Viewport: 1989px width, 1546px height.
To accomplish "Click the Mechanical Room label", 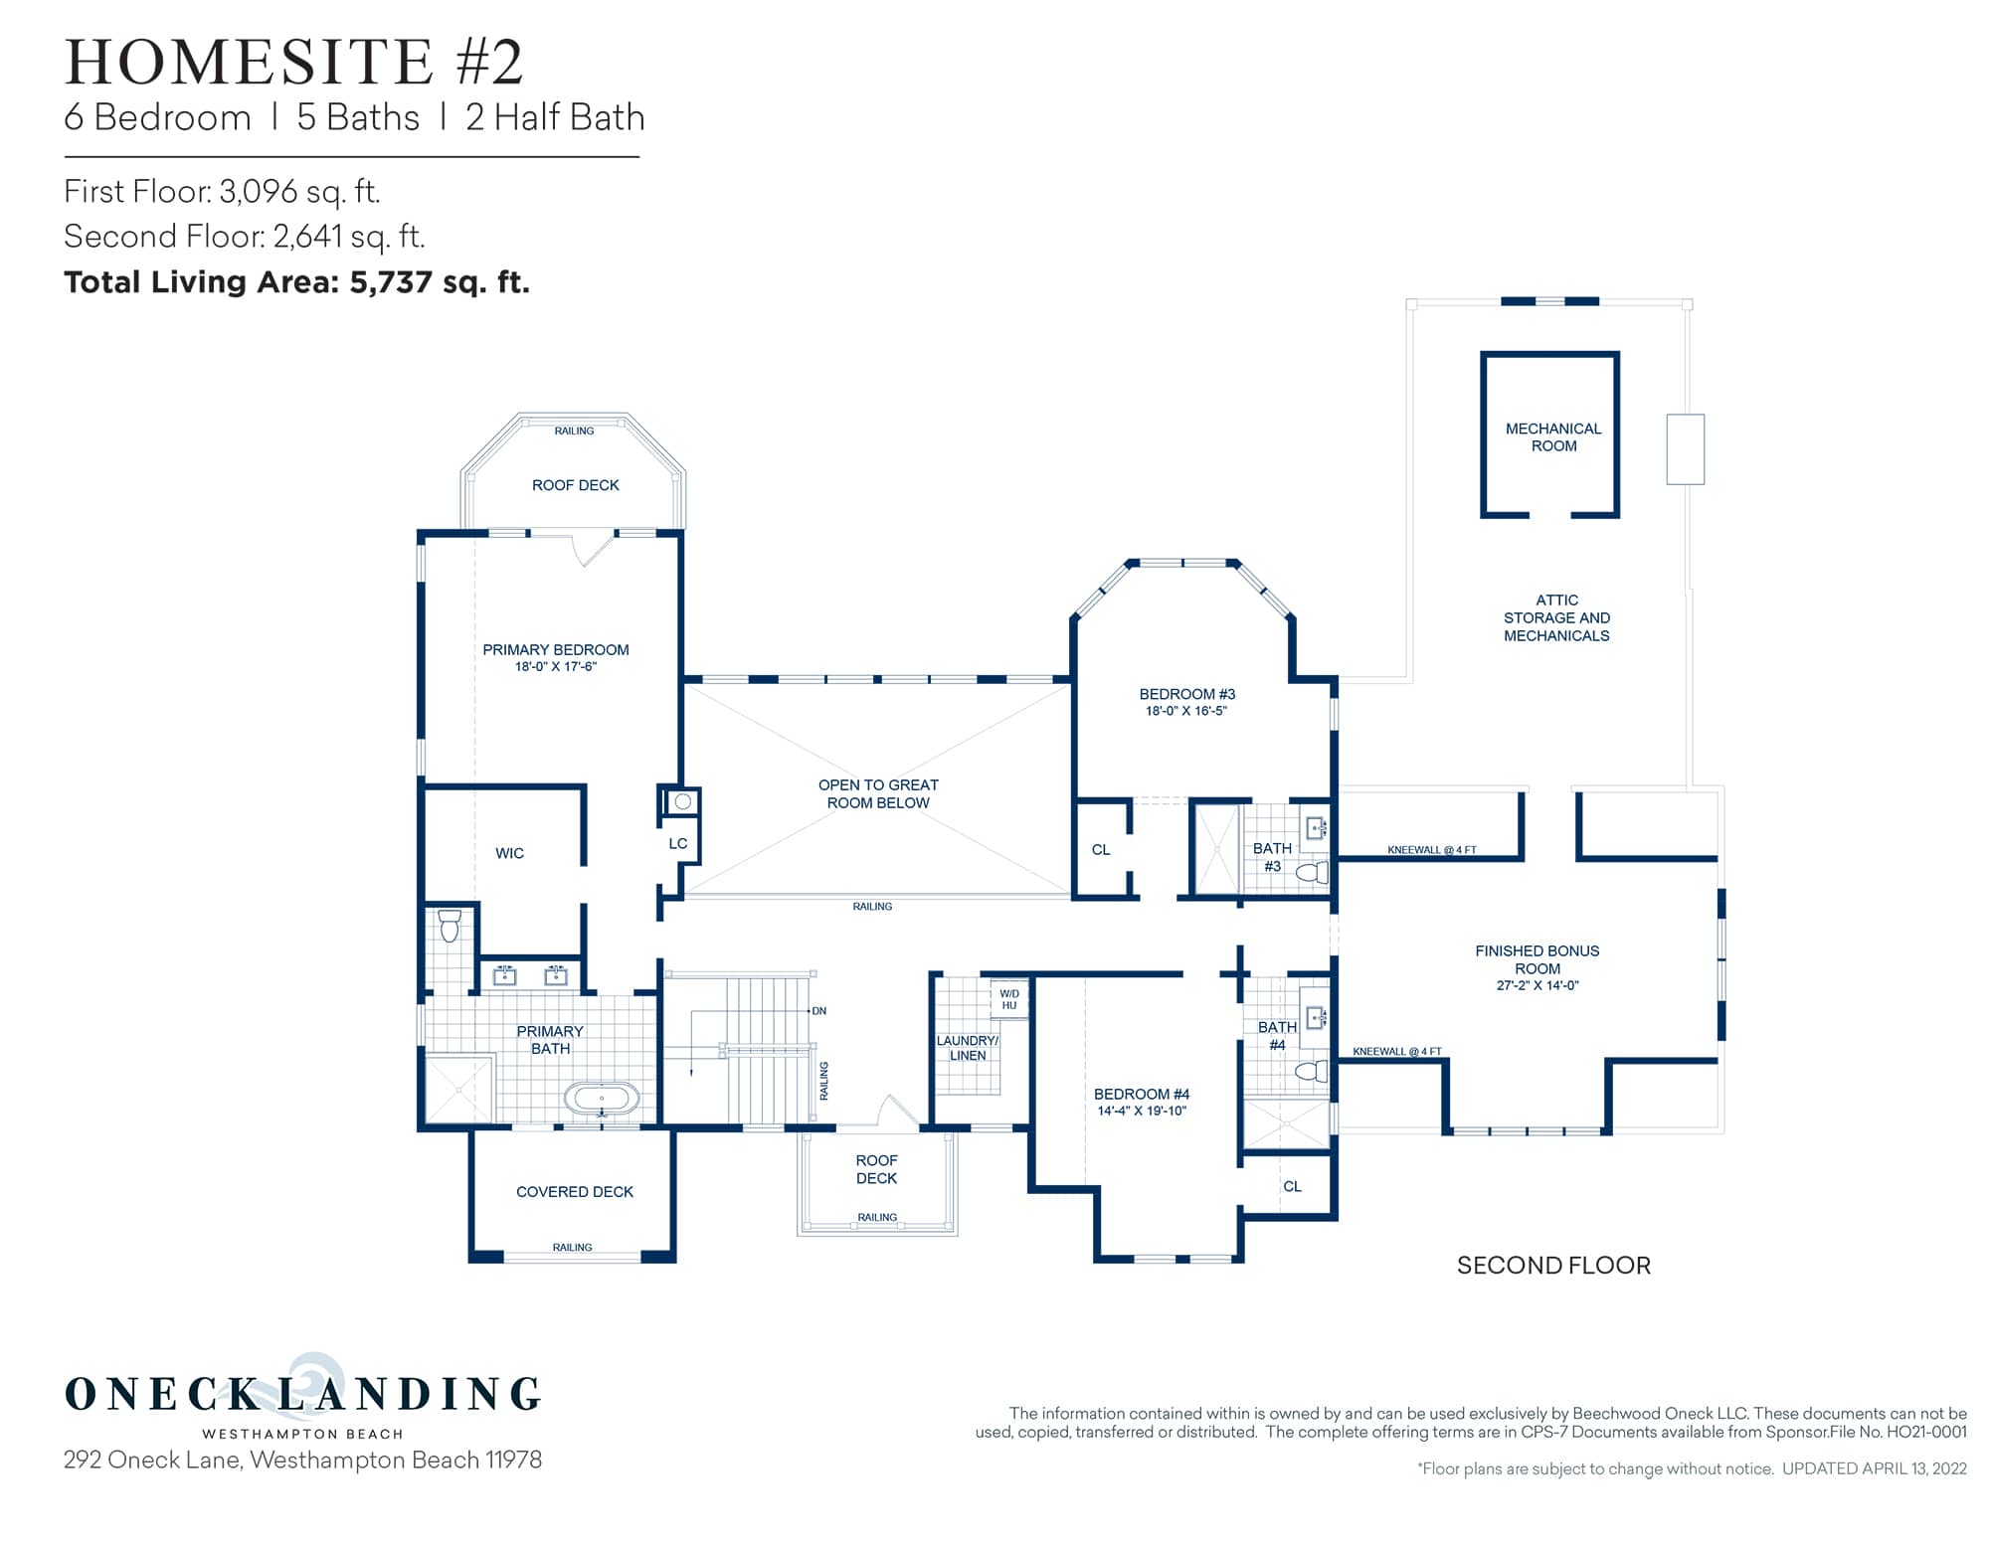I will [x=1552, y=437].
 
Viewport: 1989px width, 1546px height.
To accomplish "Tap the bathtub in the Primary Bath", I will [x=602, y=1099].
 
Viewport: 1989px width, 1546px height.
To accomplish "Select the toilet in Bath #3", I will [x=1314, y=873].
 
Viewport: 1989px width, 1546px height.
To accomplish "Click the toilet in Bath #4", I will [x=1313, y=1071].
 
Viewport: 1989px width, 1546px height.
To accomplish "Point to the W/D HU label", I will [x=1008, y=999].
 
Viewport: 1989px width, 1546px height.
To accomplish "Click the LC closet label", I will [x=678, y=844].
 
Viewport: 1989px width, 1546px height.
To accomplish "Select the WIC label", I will [x=509, y=853].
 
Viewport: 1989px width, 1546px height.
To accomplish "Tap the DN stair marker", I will [x=819, y=1011].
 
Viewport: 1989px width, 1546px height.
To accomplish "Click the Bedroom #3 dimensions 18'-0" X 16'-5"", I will [x=1186, y=711].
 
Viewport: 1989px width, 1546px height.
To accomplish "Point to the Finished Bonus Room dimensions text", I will [x=1537, y=986].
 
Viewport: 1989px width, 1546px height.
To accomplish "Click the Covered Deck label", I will [x=574, y=1192].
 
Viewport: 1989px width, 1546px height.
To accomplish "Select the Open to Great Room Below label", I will [x=878, y=793].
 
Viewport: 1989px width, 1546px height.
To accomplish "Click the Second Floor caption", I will [x=1553, y=1266].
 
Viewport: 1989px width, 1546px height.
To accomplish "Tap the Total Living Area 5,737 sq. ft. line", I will [x=296, y=282].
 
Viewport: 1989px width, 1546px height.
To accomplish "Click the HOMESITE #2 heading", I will [x=293, y=62].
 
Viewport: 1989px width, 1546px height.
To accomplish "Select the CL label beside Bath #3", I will [x=1101, y=850].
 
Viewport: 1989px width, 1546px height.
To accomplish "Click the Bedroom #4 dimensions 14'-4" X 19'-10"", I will [x=1142, y=1112].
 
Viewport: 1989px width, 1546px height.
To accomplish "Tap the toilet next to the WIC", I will [x=450, y=926].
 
